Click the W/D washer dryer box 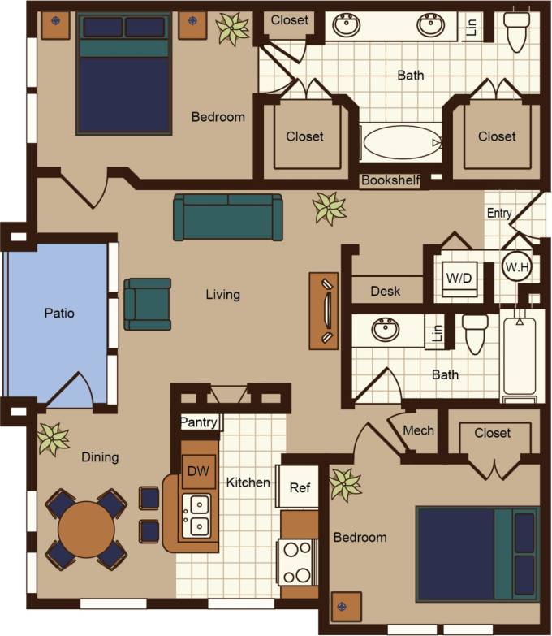click(x=457, y=277)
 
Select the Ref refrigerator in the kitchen click(x=299, y=487)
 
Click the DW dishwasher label click(x=197, y=470)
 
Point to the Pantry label click(x=198, y=422)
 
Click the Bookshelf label click(x=390, y=180)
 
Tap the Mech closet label click(x=418, y=430)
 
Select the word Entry click(x=499, y=214)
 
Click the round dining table click(x=86, y=529)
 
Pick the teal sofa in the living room click(x=228, y=217)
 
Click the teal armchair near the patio click(x=148, y=304)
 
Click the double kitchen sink click(x=196, y=515)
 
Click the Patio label click(x=58, y=313)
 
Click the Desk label click(x=385, y=291)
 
